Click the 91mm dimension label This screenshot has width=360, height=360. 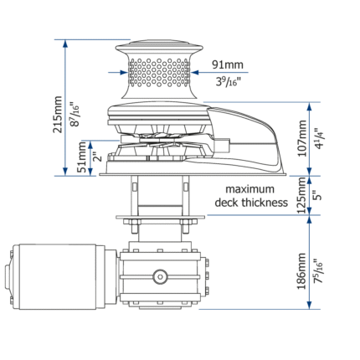coord(228,64)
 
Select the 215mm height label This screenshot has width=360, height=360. coord(58,115)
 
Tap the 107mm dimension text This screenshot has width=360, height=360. coord(302,138)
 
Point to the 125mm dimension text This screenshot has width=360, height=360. coord(302,195)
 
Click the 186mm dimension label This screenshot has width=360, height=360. coord(302,271)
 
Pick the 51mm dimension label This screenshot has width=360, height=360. coord(82,157)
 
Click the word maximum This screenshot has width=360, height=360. coord(249,189)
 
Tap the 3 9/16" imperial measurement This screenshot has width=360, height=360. coord(229,81)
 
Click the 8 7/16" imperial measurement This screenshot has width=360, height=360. coord(75,115)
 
